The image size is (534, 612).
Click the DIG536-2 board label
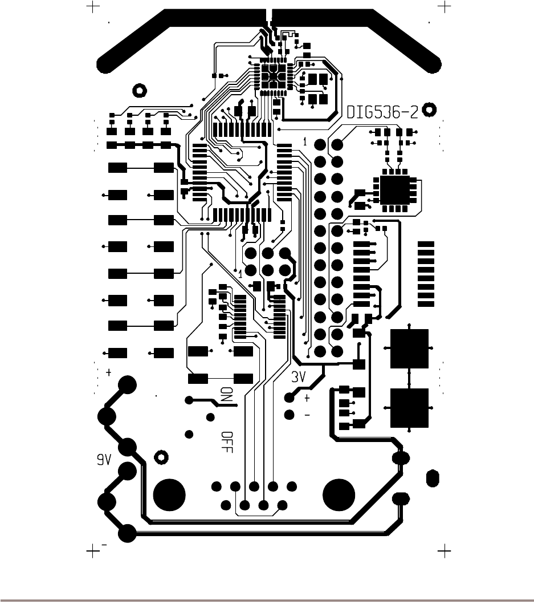(x=382, y=112)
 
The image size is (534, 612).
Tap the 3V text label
(x=299, y=377)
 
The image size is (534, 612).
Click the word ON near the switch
(x=227, y=395)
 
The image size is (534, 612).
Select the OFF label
(x=227, y=441)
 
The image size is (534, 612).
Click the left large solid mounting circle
(x=169, y=495)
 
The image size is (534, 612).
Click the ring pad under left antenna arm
(x=138, y=90)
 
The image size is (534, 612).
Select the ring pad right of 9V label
(x=161, y=457)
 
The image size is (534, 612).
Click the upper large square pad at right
(x=409, y=348)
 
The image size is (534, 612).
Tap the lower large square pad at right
(x=409, y=408)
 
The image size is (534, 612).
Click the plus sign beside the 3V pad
(x=307, y=398)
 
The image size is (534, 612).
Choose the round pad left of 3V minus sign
(x=290, y=414)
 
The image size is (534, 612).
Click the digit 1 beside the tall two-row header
(x=305, y=141)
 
